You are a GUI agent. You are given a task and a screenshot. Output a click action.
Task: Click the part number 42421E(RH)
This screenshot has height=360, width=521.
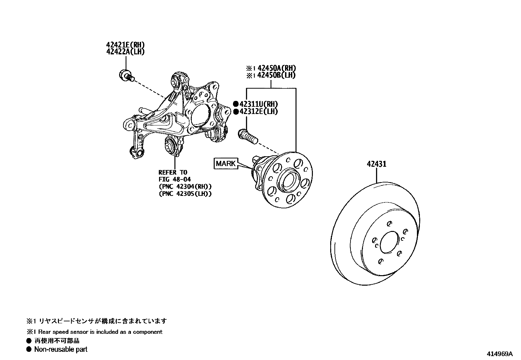[125, 45]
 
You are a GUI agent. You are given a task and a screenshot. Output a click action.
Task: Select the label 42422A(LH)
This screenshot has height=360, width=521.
[125, 52]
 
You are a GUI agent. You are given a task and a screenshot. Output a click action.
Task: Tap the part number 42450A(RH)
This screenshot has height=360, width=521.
[277, 68]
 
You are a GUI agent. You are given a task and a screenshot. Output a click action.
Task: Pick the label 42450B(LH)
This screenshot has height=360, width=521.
[277, 75]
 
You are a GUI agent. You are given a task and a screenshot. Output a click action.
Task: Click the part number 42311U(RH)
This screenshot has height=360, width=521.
[259, 104]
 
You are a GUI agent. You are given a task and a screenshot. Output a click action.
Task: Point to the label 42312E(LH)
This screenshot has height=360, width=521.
[259, 111]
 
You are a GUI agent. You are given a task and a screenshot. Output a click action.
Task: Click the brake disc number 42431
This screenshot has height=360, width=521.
[376, 164]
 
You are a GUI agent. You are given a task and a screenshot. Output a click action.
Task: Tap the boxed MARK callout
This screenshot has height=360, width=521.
[226, 163]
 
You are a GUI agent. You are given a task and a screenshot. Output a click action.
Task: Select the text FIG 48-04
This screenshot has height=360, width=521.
[174, 180]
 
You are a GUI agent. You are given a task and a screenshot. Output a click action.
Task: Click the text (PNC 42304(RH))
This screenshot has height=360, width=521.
[185, 186]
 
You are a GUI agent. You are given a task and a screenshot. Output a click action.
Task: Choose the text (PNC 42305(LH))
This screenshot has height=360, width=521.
[185, 194]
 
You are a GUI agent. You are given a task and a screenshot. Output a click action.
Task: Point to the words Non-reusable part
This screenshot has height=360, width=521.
[61, 350]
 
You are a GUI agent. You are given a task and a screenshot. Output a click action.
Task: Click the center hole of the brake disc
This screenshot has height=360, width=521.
[387, 242]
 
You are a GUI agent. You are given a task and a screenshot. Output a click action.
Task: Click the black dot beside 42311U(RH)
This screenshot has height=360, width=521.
[236, 104]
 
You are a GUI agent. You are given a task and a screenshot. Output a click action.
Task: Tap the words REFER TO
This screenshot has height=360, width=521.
[173, 172]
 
